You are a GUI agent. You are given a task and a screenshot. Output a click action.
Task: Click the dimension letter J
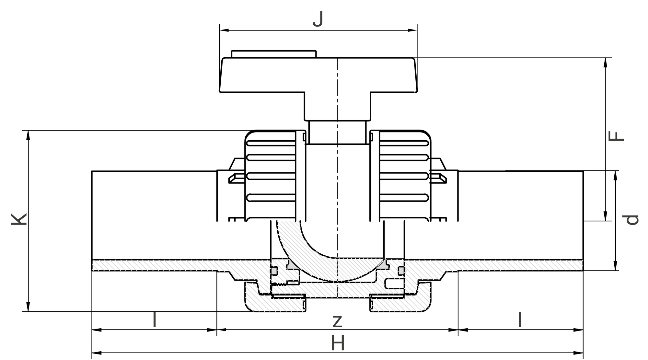pos(318,20)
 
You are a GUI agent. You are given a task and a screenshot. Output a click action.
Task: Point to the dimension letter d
pos(631,220)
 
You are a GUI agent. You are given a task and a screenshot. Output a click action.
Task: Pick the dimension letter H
pos(338,343)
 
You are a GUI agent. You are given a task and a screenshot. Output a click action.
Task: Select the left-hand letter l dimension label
pos(155,320)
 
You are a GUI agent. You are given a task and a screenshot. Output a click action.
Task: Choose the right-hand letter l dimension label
pos(520,320)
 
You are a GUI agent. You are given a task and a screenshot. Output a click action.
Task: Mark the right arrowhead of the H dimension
pos(578,353)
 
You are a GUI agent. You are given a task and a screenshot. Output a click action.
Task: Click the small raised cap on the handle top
pos(274,54)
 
